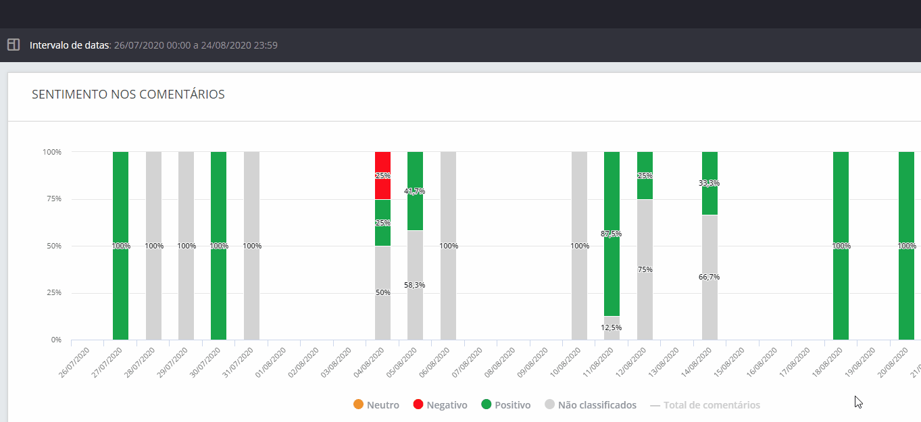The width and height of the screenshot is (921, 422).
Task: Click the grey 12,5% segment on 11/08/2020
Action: (612, 328)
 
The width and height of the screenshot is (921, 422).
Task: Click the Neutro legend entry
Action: (376, 405)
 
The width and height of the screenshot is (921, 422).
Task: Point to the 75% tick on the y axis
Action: (53, 199)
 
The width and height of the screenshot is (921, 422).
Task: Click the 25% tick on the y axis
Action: (53, 293)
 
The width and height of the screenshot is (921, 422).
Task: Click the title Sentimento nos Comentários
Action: (128, 95)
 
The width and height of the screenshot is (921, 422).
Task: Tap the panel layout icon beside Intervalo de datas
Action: (14, 45)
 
